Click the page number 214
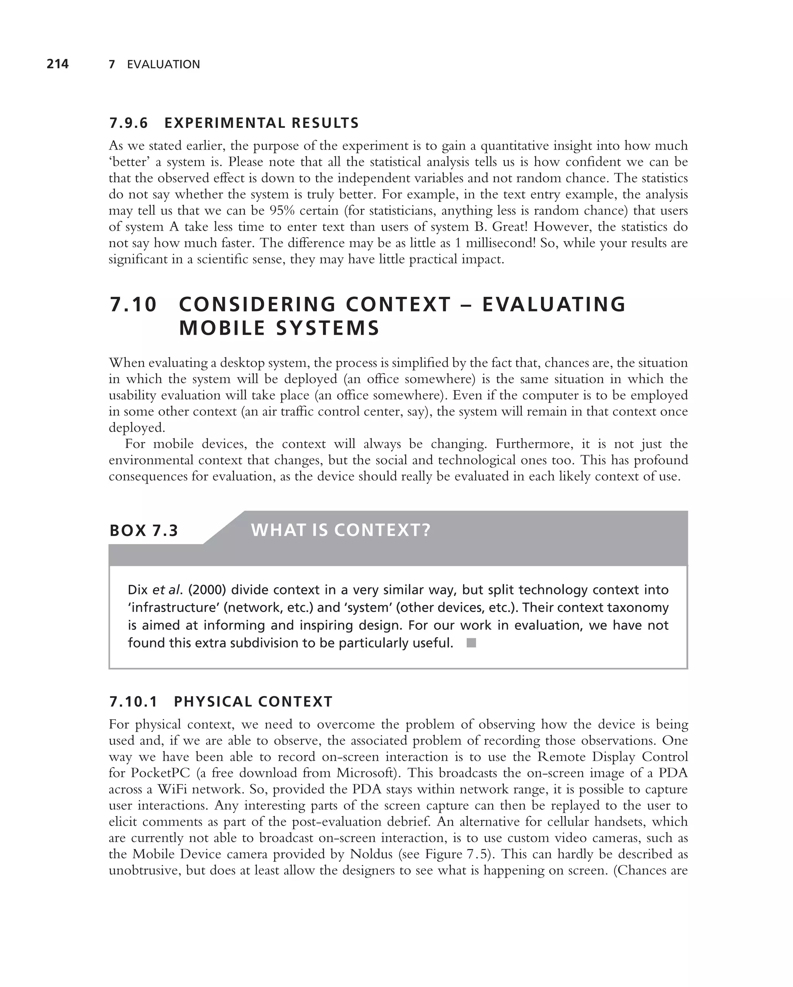coord(58,64)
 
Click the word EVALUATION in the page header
coord(163,65)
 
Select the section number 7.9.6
coord(129,123)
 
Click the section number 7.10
coord(133,305)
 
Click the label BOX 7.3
coord(144,531)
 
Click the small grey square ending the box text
coord(471,643)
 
